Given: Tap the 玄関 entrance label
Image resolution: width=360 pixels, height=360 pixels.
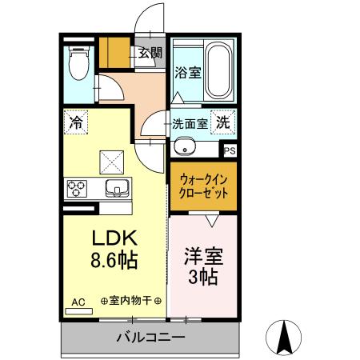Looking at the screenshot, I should [150, 54].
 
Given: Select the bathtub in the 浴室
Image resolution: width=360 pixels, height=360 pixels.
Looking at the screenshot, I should [218, 67].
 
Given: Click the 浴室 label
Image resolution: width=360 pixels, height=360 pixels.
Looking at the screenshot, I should [188, 72].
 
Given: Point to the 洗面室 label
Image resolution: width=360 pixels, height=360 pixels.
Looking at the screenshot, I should [190, 124].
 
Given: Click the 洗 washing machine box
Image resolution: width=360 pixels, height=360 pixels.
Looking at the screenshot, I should [225, 123].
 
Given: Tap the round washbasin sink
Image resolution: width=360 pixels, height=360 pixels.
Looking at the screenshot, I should [186, 147].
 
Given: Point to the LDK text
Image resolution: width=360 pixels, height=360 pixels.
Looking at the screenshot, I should [113, 238].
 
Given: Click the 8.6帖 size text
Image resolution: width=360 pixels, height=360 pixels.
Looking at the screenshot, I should [113, 260].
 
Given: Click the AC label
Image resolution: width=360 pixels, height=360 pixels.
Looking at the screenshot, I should [78, 302].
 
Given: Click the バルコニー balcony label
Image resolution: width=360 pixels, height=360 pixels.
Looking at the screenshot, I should [150, 338].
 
